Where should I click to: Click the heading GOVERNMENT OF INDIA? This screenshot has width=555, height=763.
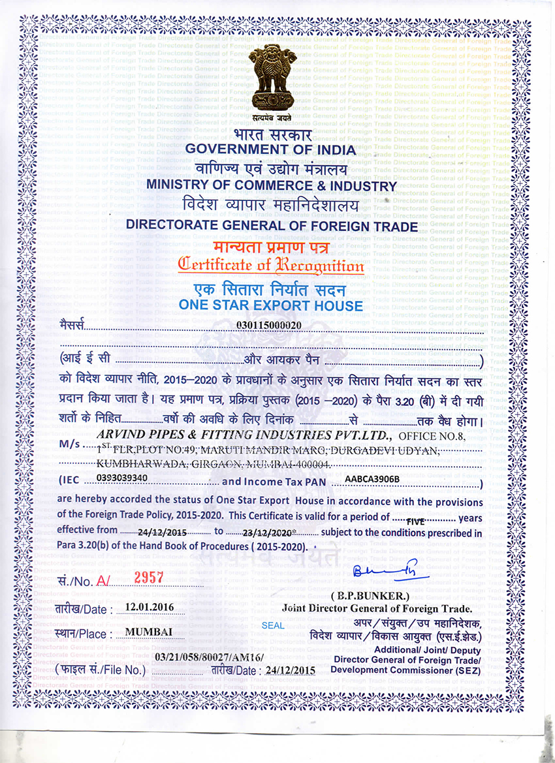pyautogui.click(x=271, y=149)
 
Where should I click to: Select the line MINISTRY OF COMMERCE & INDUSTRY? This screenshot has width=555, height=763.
pyautogui.click(x=271, y=185)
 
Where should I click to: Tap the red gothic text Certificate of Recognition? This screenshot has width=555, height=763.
pyautogui.click(x=271, y=266)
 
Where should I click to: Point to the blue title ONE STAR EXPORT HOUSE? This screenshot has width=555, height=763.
pyautogui.click(x=270, y=305)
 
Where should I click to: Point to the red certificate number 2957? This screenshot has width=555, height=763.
pyautogui.click(x=148, y=577)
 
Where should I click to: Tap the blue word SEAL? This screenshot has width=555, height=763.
pyautogui.click(x=272, y=625)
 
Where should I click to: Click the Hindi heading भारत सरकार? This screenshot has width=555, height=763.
pyautogui.click(x=271, y=134)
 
